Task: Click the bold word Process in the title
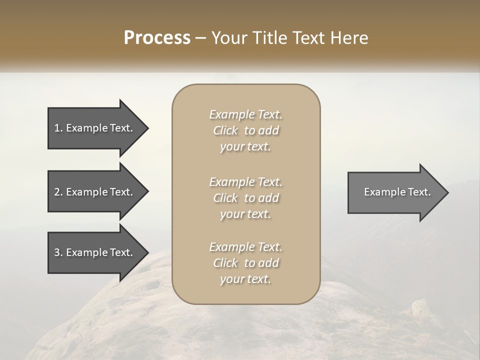pos(157,38)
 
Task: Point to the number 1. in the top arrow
pos(58,128)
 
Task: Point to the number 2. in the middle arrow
pos(58,192)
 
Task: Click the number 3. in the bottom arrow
pos(58,252)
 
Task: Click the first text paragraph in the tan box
pos(245,130)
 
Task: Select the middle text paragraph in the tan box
pos(245,198)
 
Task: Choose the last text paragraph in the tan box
pos(245,263)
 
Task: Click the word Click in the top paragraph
pos(225,130)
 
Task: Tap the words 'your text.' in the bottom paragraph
pos(245,279)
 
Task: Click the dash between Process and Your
pos(200,38)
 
